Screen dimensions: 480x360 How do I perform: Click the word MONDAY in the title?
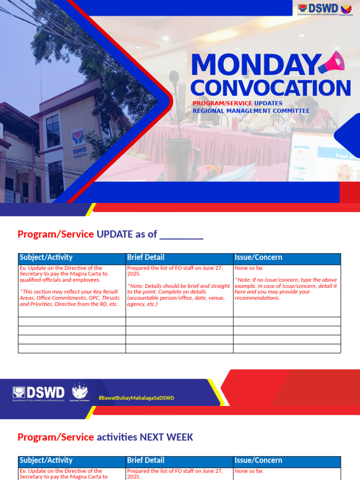[x=253, y=66]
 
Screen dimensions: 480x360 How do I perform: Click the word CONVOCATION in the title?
[x=270, y=89]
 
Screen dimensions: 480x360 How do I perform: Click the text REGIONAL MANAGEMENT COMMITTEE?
[x=251, y=111]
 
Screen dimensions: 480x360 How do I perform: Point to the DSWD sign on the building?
[x=79, y=141]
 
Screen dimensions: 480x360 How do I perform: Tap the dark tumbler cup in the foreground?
[x=178, y=159]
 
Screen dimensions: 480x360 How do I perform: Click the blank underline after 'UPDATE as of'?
[x=181, y=234]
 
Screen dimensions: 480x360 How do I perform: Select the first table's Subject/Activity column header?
[x=46, y=257]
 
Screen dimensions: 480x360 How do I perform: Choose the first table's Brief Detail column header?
[x=146, y=257]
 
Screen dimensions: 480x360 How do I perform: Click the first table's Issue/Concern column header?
[x=258, y=257]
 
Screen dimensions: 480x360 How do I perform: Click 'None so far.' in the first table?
[x=249, y=268]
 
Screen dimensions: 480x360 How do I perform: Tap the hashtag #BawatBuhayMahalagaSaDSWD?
[x=136, y=398]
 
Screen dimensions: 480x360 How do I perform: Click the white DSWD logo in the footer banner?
[x=39, y=393]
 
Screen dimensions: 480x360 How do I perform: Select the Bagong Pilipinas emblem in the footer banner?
[x=80, y=393]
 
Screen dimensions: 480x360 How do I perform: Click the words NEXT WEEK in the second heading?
[x=166, y=437]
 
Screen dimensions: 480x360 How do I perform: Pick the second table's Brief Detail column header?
[x=146, y=460]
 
